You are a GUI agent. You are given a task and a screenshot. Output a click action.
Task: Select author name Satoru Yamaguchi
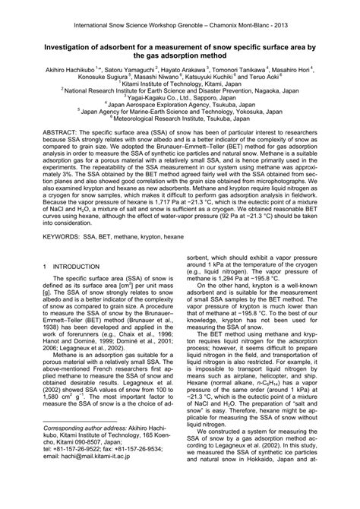(x=123, y=68)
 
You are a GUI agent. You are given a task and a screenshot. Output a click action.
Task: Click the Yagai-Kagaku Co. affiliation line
(x=180, y=100)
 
